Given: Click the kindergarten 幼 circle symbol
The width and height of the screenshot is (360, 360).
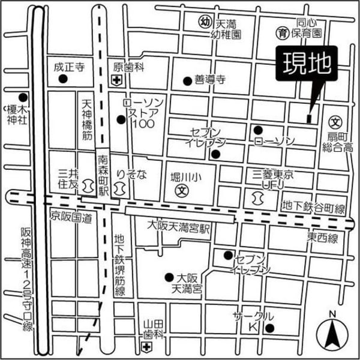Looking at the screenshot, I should pos(206,22).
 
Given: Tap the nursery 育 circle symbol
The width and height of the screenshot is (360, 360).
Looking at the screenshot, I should pos(280,32).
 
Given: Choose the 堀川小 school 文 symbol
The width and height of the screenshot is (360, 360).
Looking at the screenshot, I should pos(179,191).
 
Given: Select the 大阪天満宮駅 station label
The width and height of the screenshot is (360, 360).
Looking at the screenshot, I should pos(181,226).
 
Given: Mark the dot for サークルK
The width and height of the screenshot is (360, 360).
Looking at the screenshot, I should pos(269,328).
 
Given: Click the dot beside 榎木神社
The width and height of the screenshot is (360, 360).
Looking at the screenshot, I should pos(22,97).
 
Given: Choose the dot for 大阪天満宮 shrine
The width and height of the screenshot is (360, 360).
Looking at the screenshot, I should pos(169,277).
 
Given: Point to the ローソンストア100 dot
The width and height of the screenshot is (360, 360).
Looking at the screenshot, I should pos(121,118).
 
